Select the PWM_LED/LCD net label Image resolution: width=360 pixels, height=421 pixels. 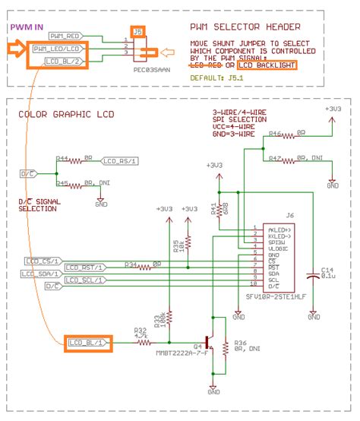pyautogui.click(x=66, y=48)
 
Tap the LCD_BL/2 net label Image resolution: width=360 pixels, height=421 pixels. pyautogui.click(x=64, y=60)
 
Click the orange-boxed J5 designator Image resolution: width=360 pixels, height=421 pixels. pyautogui.click(x=137, y=32)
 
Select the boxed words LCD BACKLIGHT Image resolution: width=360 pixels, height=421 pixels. pyautogui.click(x=267, y=66)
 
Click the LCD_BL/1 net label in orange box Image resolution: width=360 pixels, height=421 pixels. pyautogui.click(x=88, y=343)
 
